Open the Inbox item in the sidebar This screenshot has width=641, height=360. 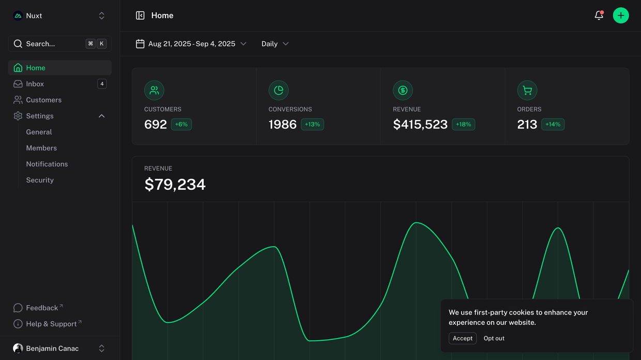coord(35,84)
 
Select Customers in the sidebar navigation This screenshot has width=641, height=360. coord(43,100)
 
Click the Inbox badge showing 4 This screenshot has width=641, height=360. coord(102,84)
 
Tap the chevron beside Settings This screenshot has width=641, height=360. coord(102,116)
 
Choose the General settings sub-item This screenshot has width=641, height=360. coord(39,132)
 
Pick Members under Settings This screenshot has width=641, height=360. coord(41,148)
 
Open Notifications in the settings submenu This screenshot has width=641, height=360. coord(47,164)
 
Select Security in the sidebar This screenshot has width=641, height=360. coord(40,180)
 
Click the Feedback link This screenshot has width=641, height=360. coord(42,308)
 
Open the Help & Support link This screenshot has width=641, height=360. coord(51,324)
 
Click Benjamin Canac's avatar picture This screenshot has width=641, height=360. coord(18,348)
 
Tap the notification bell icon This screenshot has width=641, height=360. coord(599,16)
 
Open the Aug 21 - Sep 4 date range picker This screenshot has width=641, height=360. coord(191,44)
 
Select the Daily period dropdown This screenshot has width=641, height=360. coord(275,44)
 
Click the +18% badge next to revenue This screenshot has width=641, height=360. coord(463,125)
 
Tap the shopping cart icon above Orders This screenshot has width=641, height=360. coord(527,91)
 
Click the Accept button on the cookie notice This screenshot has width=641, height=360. coord(463,338)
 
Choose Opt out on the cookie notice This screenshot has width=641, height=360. coord(494,338)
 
